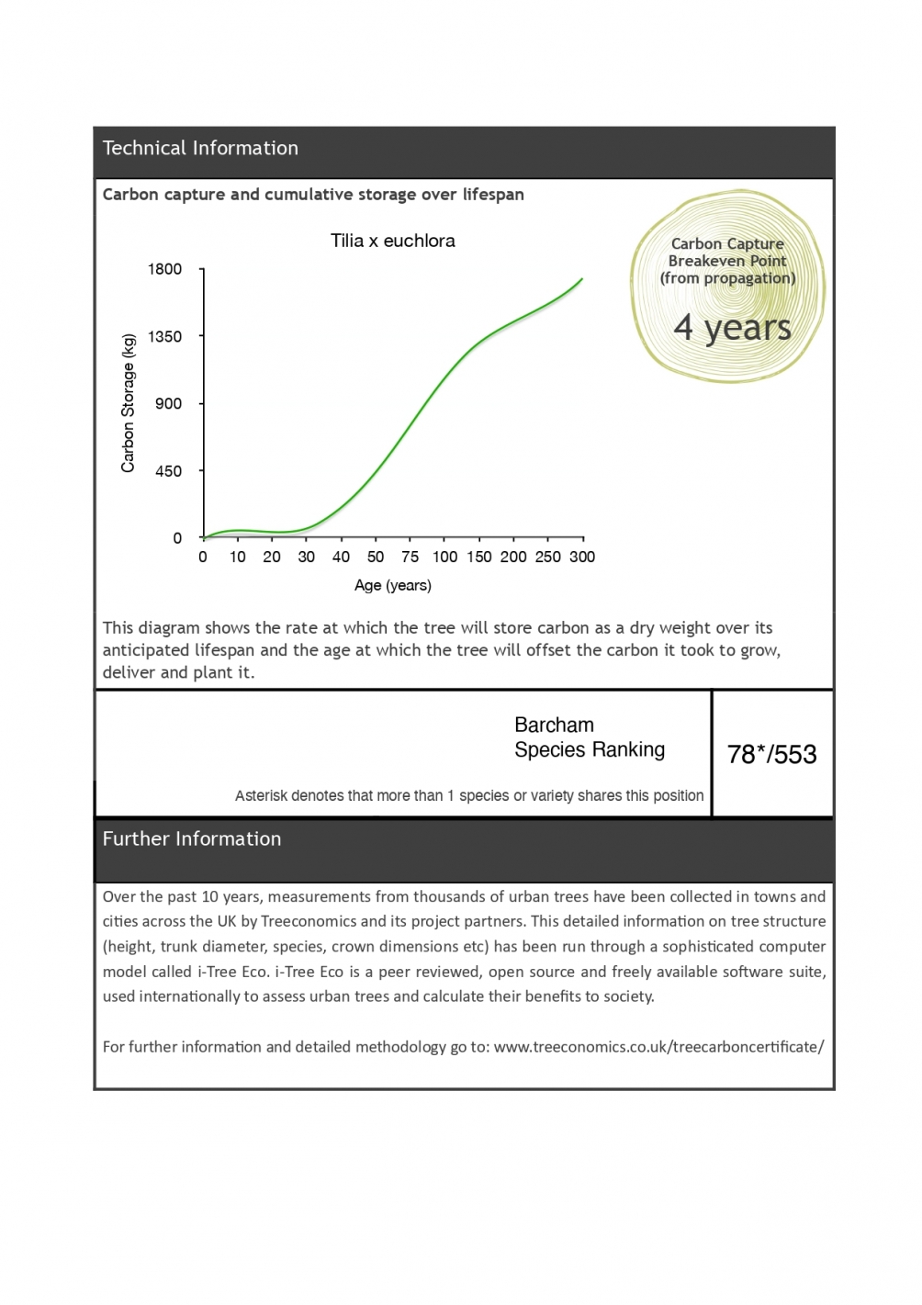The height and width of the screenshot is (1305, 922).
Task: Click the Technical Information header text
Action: [x=200, y=148]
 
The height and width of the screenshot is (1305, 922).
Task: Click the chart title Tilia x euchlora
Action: [x=392, y=241]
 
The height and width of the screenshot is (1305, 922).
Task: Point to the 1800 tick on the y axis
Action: [x=165, y=269]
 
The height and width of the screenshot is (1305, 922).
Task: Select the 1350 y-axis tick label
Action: [x=165, y=336]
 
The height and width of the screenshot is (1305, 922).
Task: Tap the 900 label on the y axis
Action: [x=169, y=403]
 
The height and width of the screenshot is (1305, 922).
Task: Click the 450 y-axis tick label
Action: [x=169, y=471]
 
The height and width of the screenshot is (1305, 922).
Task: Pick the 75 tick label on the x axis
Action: [x=410, y=557]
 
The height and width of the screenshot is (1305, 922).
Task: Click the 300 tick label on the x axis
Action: [x=582, y=557]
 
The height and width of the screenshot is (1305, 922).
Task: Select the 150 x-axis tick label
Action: [x=478, y=557]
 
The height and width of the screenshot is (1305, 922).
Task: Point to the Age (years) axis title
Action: [x=392, y=585]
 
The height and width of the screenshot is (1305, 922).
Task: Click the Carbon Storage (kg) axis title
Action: [x=128, y=403]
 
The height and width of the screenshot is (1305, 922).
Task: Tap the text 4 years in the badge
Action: [x=732, y=328]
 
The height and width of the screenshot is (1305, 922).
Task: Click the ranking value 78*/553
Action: [x=771, y=754]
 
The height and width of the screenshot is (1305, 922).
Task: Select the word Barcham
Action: [x=554, y=725]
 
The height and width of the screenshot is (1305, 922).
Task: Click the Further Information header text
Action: [x=192, y=838]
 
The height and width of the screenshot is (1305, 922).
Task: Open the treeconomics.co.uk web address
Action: [x=658, y=1046]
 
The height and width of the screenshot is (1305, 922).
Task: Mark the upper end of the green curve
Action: [x=582, y=278]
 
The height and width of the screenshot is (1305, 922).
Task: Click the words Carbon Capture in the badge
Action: [x=727, y=243]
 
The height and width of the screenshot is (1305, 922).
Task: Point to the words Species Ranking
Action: [x=590, y=749]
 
